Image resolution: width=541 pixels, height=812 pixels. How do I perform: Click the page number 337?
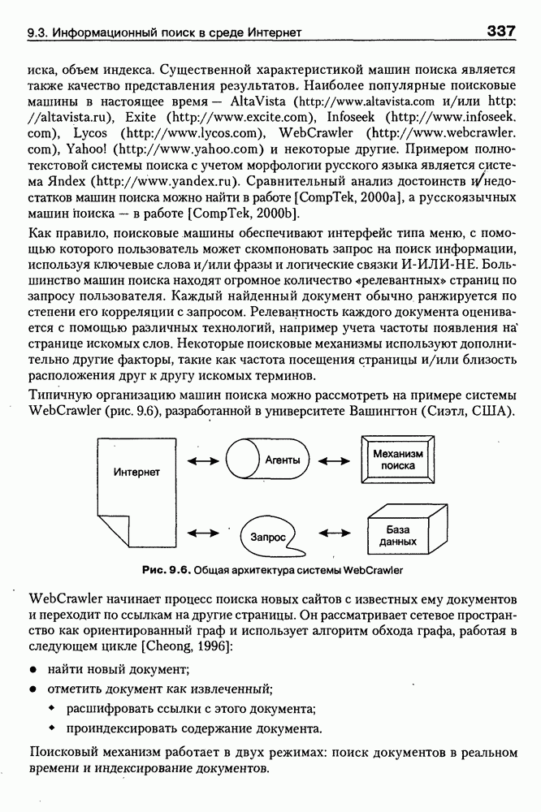pyautogui.click(x=501, y=32)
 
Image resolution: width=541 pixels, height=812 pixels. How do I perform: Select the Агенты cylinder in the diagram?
pyautogui.click(x=269, y=460)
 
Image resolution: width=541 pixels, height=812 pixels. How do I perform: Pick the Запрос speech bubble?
pyautogui.click(x=269, y=537)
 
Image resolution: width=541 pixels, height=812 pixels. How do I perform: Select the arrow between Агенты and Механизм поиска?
pyautogui.click(x=334, y=460)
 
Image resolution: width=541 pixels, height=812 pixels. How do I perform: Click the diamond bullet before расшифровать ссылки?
pyautogui.click(x=51, y=708)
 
